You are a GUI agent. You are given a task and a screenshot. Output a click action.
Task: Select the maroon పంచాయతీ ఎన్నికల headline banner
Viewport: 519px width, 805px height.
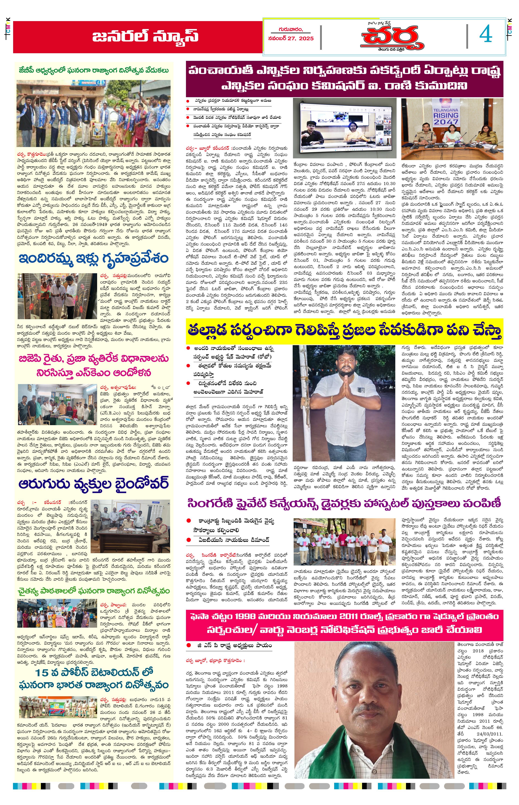344,79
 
